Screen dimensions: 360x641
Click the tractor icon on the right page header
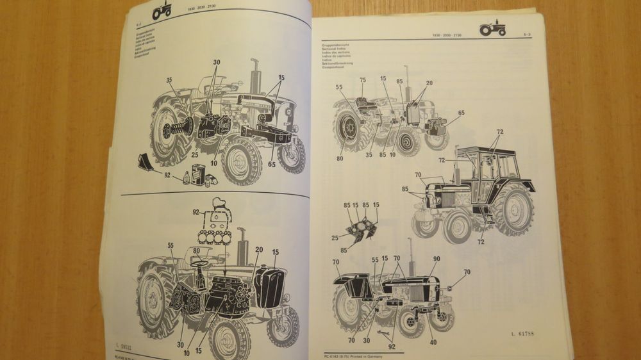pyautogui.click(x=492, y=28)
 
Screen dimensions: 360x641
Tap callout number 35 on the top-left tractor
pyautogui.click(x=169, y=80)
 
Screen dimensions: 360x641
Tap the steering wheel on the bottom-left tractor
pyautogui.click(x=199, y=263)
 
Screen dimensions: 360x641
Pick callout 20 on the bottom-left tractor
pyautogui.click(x=259, y=249)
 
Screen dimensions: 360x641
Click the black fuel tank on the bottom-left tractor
pyautogui.click(x=269, y=288)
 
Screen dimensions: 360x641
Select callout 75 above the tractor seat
pyautogui.click(x=363, y=81)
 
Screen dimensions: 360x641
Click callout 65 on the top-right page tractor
pyautogui.click(x=462, y=113)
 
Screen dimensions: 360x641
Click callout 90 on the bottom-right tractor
pyautogui.click(x=437, y=259)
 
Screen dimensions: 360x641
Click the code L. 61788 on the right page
pyautogui.click(x=524, y=333)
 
